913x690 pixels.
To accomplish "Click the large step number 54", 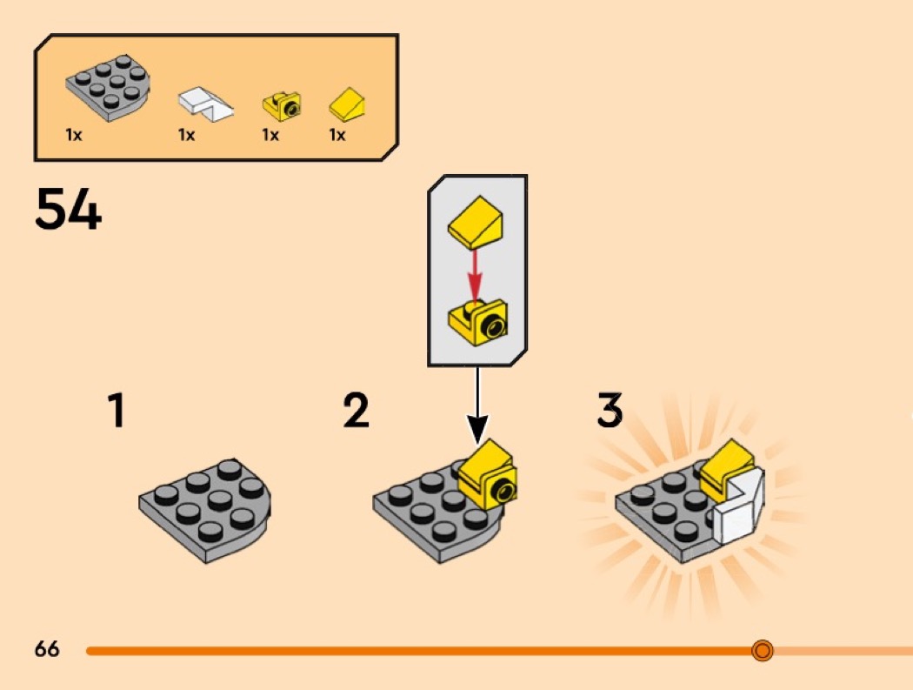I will click(68, 211).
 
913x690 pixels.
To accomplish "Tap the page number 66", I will click(47, 649).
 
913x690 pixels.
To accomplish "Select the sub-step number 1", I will click(116, 411).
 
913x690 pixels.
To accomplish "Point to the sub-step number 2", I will click(357, 411).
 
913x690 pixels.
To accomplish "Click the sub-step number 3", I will click(610, 411).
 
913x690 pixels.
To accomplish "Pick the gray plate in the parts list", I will click(107, 87).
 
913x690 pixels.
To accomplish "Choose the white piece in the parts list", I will click(205, 103).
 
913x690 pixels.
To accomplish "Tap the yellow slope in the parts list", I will click(347, 106).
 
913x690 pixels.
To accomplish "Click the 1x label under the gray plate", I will click(74, 136).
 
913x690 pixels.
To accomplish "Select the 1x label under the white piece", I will click(186, 136).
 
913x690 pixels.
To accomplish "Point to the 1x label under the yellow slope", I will click(337, 136).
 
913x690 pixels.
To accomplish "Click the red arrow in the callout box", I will click(475, 274).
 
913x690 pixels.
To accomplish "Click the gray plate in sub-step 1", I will click(205, 510).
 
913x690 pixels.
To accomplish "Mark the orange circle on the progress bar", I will click(763, 650).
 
